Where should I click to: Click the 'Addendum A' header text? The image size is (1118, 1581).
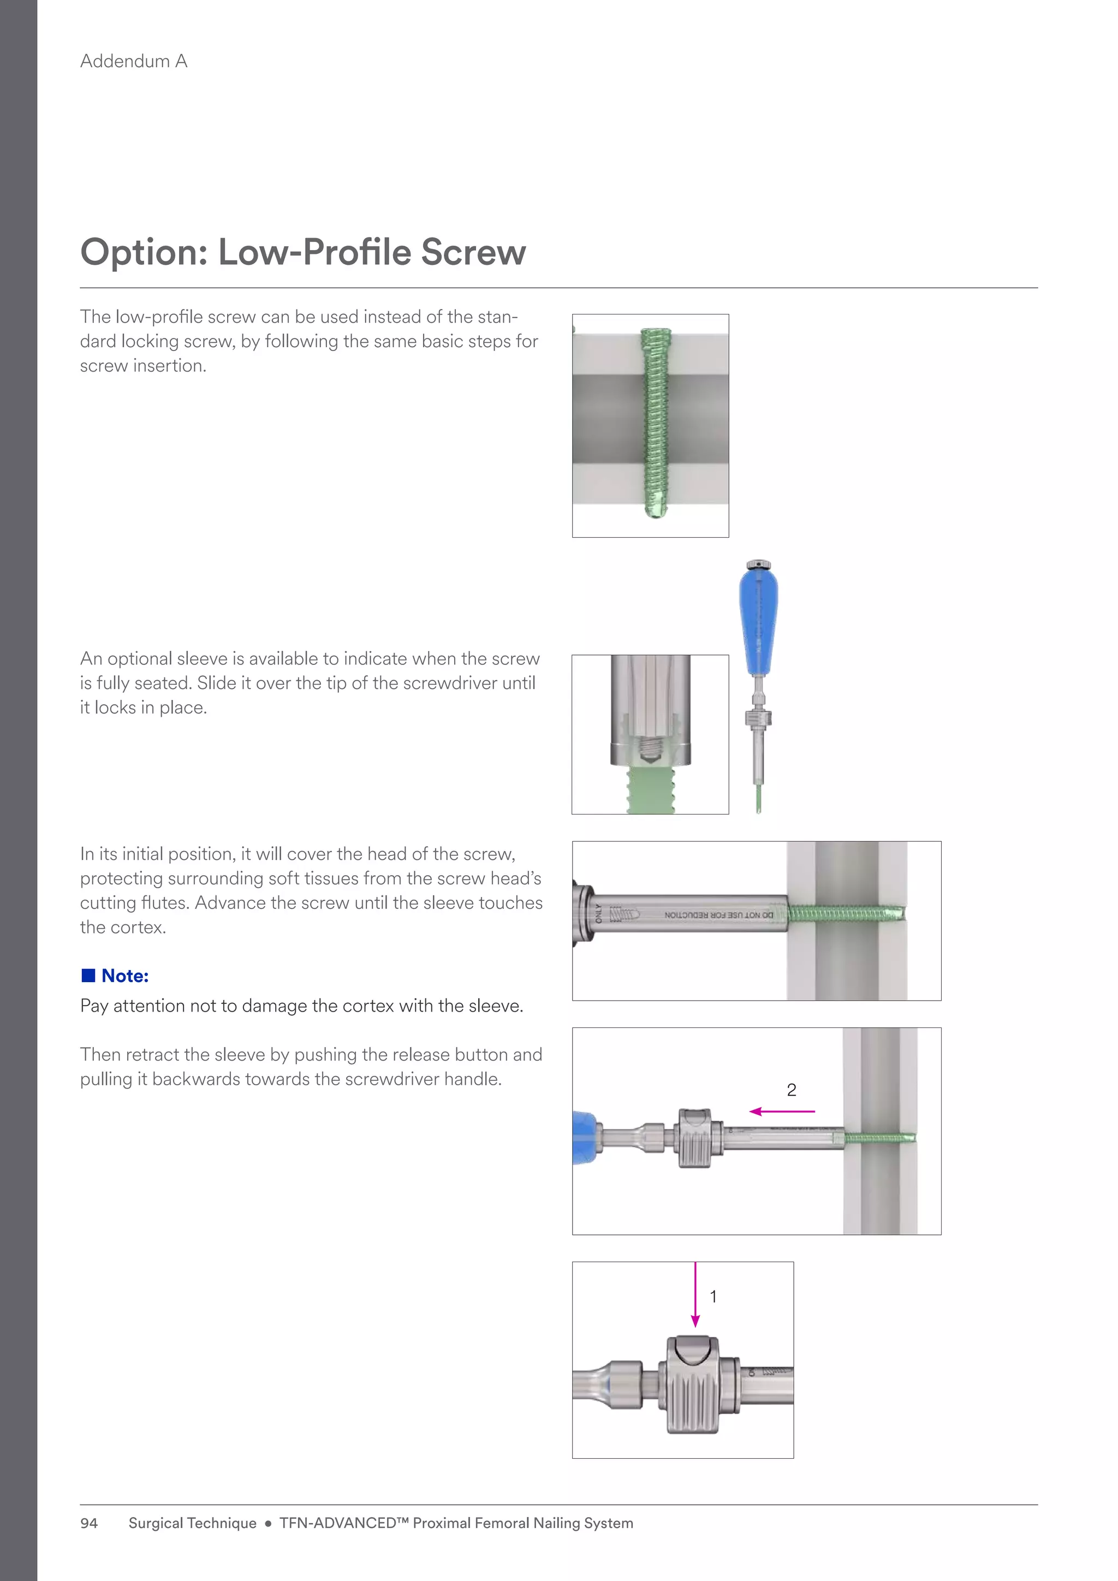[134, 61]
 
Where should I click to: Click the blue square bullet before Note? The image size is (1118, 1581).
[88, 975]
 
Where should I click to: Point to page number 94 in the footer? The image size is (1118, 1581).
[89, 1523]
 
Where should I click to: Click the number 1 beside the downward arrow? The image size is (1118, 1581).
[713, 1297]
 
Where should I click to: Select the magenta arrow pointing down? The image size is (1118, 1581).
[695, 1294]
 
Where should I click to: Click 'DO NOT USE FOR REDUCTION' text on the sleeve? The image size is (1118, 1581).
[718, 915]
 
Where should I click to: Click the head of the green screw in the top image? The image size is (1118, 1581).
[656, 335]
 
